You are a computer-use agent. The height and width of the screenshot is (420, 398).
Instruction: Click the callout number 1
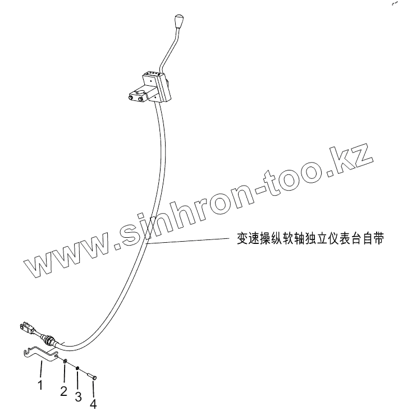(x=40, y=385)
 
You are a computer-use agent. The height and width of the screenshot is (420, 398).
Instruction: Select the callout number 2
(x=64, y=391)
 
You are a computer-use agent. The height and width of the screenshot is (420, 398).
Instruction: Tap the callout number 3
(x=78, y=396)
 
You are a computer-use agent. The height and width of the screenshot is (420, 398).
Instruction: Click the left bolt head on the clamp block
(x=133, y=99)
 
